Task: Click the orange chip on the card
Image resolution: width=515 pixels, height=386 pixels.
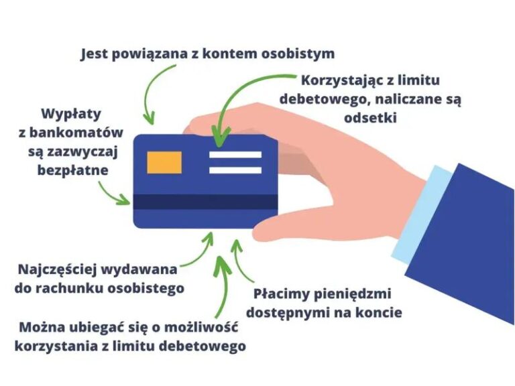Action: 164,161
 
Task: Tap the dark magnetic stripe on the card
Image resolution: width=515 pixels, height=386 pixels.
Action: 205,202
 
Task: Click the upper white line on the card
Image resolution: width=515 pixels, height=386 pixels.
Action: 235,155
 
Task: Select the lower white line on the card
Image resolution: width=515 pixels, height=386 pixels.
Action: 235,170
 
